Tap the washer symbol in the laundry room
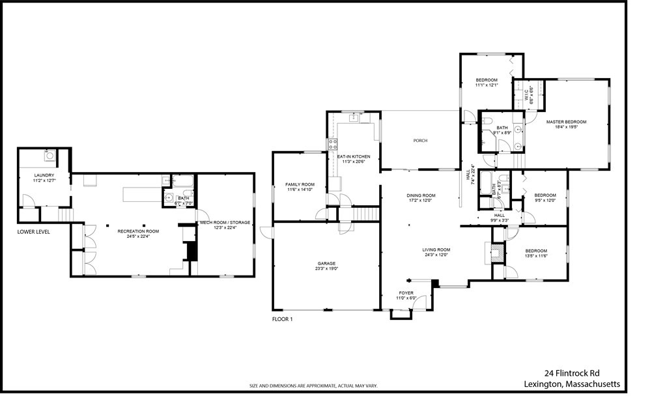49,155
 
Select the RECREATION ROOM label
138,231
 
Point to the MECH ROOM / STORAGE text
225,223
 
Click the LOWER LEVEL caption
34,231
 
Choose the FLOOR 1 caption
283,319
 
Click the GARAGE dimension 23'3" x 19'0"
326,268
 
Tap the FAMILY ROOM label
300,184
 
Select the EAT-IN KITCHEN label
354,157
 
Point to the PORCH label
420,141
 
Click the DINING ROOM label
421,195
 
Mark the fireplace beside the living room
494,251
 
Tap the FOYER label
406,293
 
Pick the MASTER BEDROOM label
566,122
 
